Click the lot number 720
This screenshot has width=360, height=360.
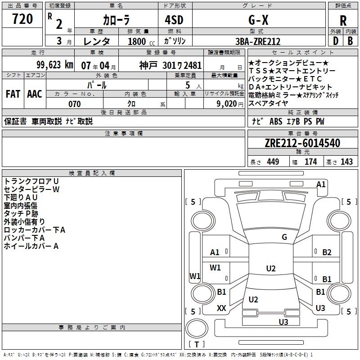click(22, 19)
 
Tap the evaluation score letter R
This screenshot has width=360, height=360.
click(343, 21)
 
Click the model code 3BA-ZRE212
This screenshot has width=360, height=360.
click(258, 41)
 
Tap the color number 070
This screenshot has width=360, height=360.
click(74, 104)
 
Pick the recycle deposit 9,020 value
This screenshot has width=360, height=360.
click(227, 104)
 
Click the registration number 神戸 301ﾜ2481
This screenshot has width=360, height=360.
click(170, 65)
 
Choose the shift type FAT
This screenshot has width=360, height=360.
click(13, 94)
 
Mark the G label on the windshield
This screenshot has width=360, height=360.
click(284, 237)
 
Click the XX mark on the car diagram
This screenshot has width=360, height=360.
click(221, 308)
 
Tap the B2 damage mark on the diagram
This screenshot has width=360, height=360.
click(327, 252)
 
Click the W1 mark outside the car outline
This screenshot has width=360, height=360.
click(194, 276)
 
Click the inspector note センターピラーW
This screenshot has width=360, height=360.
click(31, 189)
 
